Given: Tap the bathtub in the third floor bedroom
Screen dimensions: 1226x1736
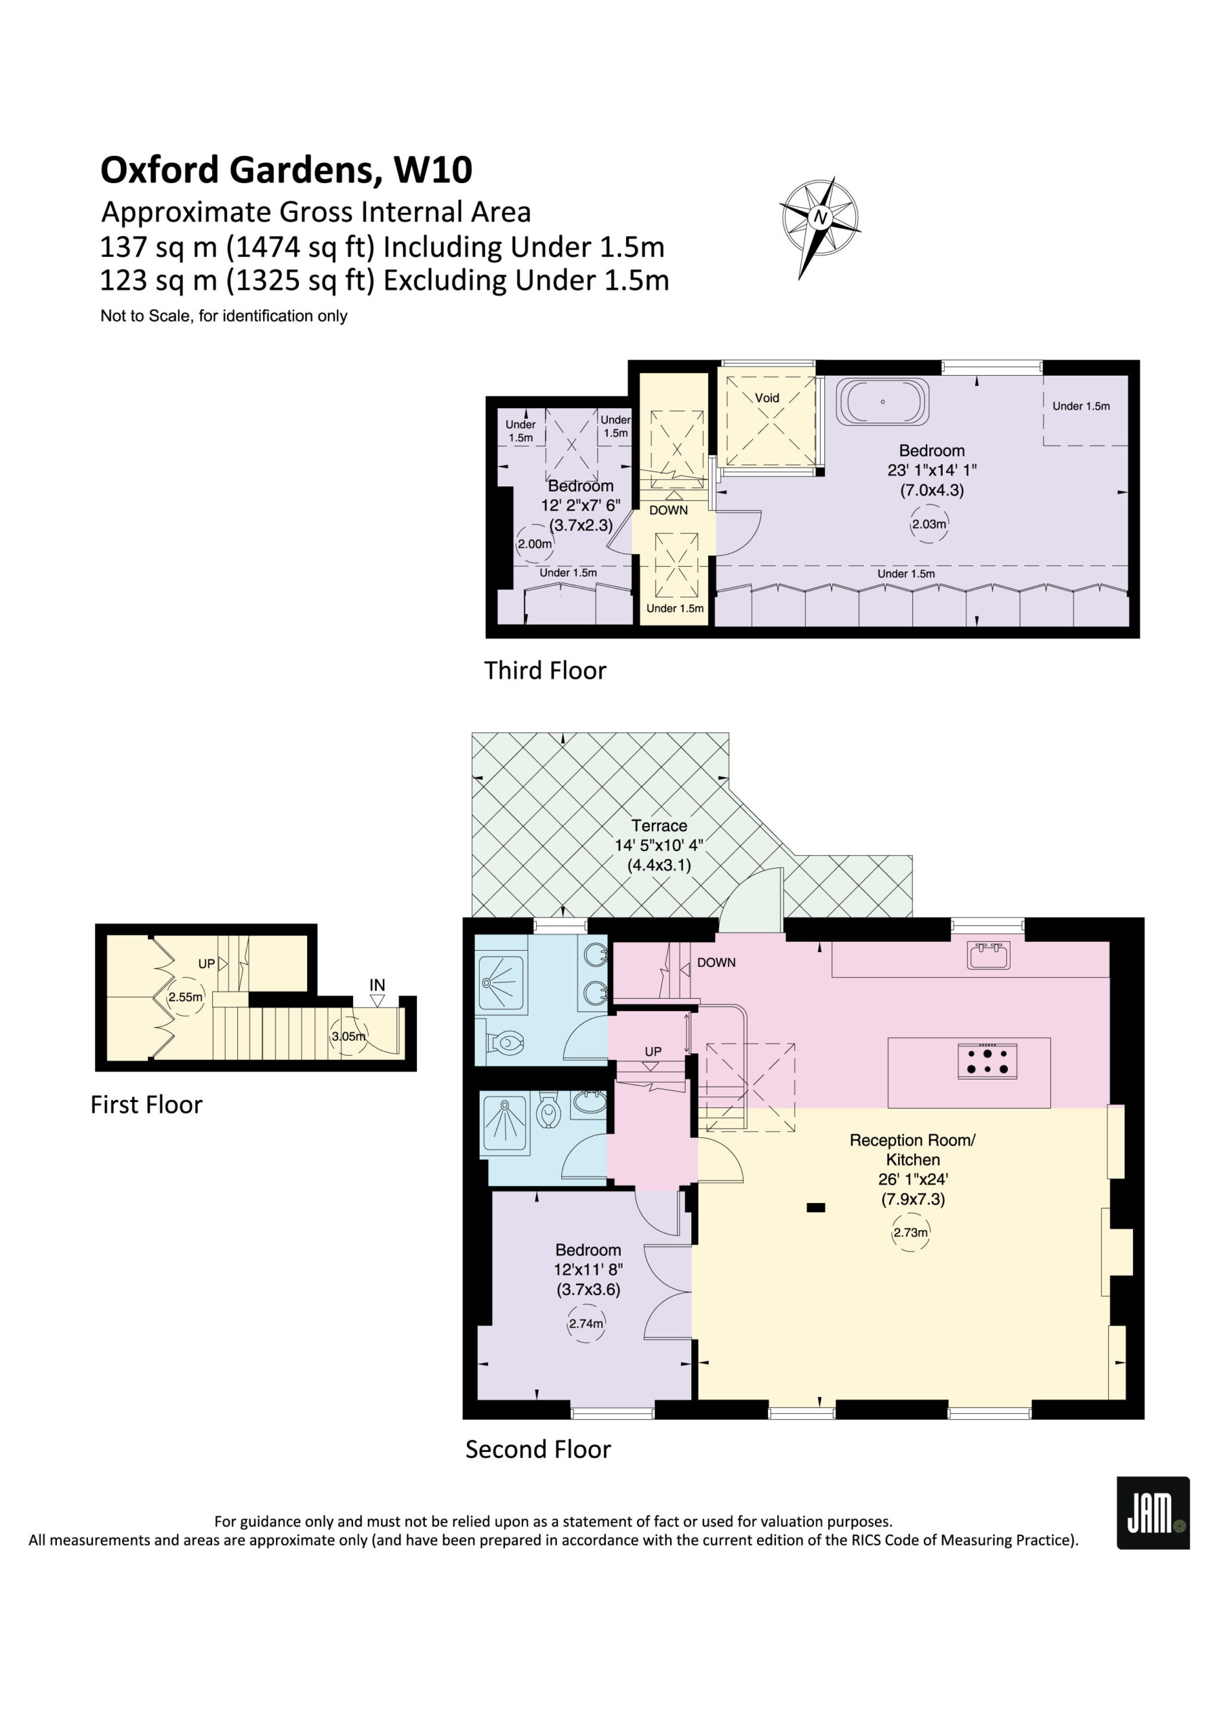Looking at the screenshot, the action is click(882, 401).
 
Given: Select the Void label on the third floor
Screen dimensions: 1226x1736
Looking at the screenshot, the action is click(767, 397).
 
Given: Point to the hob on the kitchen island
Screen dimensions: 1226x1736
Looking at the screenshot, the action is click(987, 1061).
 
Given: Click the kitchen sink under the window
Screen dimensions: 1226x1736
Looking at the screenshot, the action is click(989, 955).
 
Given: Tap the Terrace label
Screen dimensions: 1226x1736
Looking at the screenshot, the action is click(659, 826).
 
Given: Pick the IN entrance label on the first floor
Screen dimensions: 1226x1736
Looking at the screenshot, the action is click(377, 985).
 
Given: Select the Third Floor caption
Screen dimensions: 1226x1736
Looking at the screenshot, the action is click(545, 671).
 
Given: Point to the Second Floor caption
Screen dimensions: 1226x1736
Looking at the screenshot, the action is click(537, 1449).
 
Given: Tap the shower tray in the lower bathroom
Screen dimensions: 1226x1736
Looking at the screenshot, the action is click(505, 1123).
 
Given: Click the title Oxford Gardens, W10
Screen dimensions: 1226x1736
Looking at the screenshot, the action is click(287, 170).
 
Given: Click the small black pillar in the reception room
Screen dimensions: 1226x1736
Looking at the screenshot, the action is click(815, 1208).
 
